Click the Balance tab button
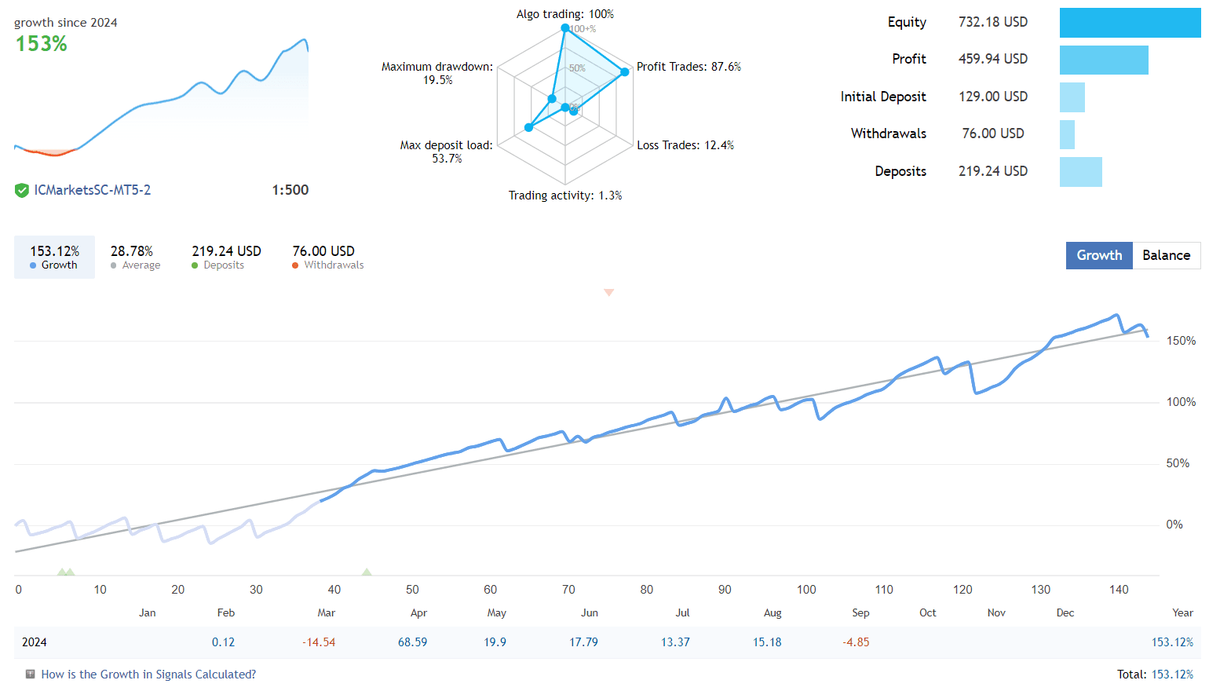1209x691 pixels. tap(1166, 255)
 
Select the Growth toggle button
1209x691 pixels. tap(1099, 255)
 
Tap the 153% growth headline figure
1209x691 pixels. tap(42, 44)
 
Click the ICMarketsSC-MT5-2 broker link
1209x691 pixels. tap(92, 190)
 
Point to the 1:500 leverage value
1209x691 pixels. tap(290, 190)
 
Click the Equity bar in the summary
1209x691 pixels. tap(1130, 23)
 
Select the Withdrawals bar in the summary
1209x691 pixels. tap(1067, 134)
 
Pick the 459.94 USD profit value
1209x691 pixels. tap(992, 59)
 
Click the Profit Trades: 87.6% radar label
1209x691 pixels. tap(689, 67)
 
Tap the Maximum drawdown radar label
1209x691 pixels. tap(437, 73)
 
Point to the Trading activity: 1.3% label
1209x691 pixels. tap(564, 196)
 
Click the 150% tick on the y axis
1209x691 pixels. tap(1181, 341)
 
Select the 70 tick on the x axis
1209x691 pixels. tap(568, 590)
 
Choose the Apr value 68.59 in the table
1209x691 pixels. tap(412, 642)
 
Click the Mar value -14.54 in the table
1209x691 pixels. tap(319, 642)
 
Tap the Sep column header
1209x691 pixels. tap(860, 612)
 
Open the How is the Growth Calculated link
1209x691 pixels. tap(148, 675)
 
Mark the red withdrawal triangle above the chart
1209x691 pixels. tap(608, 292)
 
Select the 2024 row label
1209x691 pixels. tap(35, 642)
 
